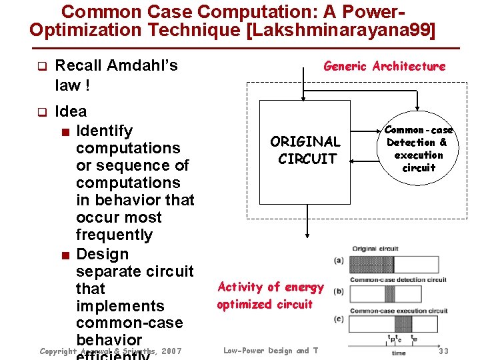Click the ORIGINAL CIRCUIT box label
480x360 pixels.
point(305,150)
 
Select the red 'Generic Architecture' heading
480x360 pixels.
point(384,66)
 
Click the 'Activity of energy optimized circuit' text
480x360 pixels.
point(269,295)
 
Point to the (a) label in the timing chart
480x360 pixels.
point(339,261)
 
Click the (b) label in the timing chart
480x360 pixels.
point(339,291)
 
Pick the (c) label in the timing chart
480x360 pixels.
point(339,319)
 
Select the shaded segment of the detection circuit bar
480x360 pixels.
point(389,294)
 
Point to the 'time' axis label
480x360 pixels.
point(398,353)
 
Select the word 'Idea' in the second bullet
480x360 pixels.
point(71,111)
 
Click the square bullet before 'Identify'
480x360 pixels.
point(65,131)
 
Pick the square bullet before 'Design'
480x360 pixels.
point(65,255)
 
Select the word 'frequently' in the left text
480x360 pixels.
point(114,235)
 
